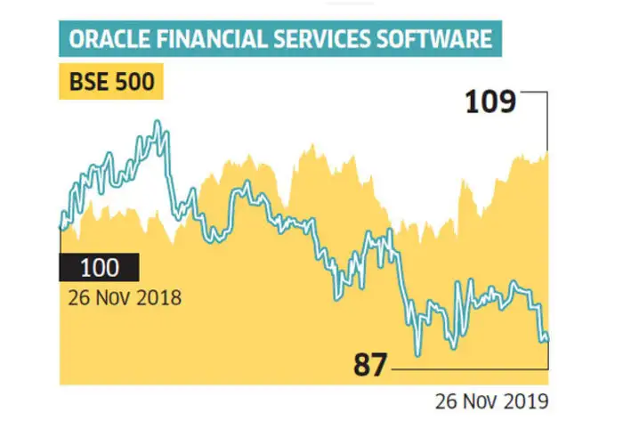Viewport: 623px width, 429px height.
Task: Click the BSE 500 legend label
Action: (x=109, y=85)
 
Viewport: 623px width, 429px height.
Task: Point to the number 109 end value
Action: (x=490, y=102)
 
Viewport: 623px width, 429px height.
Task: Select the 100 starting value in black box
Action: (x=98, y=267)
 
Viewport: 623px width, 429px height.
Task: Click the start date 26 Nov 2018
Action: (x=124, y=297)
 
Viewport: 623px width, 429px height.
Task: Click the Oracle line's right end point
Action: (x=548, y=338)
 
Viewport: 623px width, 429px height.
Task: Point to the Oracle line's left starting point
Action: (x=61, y=228)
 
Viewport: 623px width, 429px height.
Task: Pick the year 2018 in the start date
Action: (x=161, y=297)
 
